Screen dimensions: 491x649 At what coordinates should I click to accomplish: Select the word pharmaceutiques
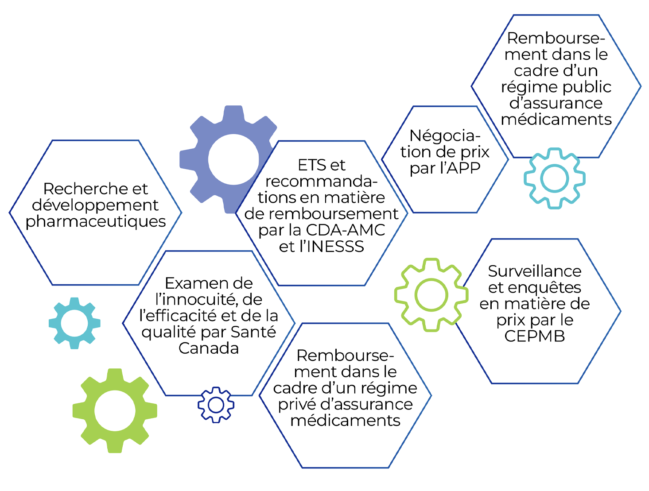pos(96,221)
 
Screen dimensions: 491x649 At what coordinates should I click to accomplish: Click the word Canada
pos(209,348)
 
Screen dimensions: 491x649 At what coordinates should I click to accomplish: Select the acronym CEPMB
pos(535,336)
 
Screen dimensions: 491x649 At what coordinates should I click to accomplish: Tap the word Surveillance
pos(535,271)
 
